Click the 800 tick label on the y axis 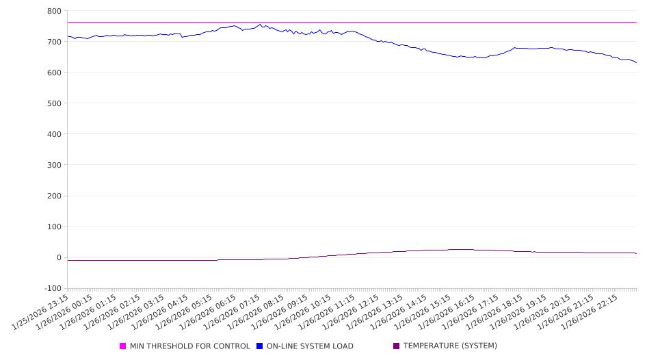pos(54,11)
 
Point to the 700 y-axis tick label pos(54,42)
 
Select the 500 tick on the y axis pos(54,103)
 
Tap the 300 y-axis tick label pos(54,165)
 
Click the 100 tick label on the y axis pos(54,227)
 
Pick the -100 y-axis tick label pos(52,289)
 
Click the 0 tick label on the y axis pos(59,258)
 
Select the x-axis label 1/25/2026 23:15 pos(42,312)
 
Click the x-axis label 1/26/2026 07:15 pos(233,312)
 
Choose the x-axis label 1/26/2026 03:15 pos(137,312)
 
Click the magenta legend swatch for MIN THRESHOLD pos(123,346)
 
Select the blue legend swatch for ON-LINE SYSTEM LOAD pos(260,346)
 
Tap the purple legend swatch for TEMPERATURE pos(397,346)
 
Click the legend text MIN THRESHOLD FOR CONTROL pos(189,346)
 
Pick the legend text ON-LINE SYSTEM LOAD pos(310,346)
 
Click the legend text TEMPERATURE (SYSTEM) pos(450,346)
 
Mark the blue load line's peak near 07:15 pos(260,25)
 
